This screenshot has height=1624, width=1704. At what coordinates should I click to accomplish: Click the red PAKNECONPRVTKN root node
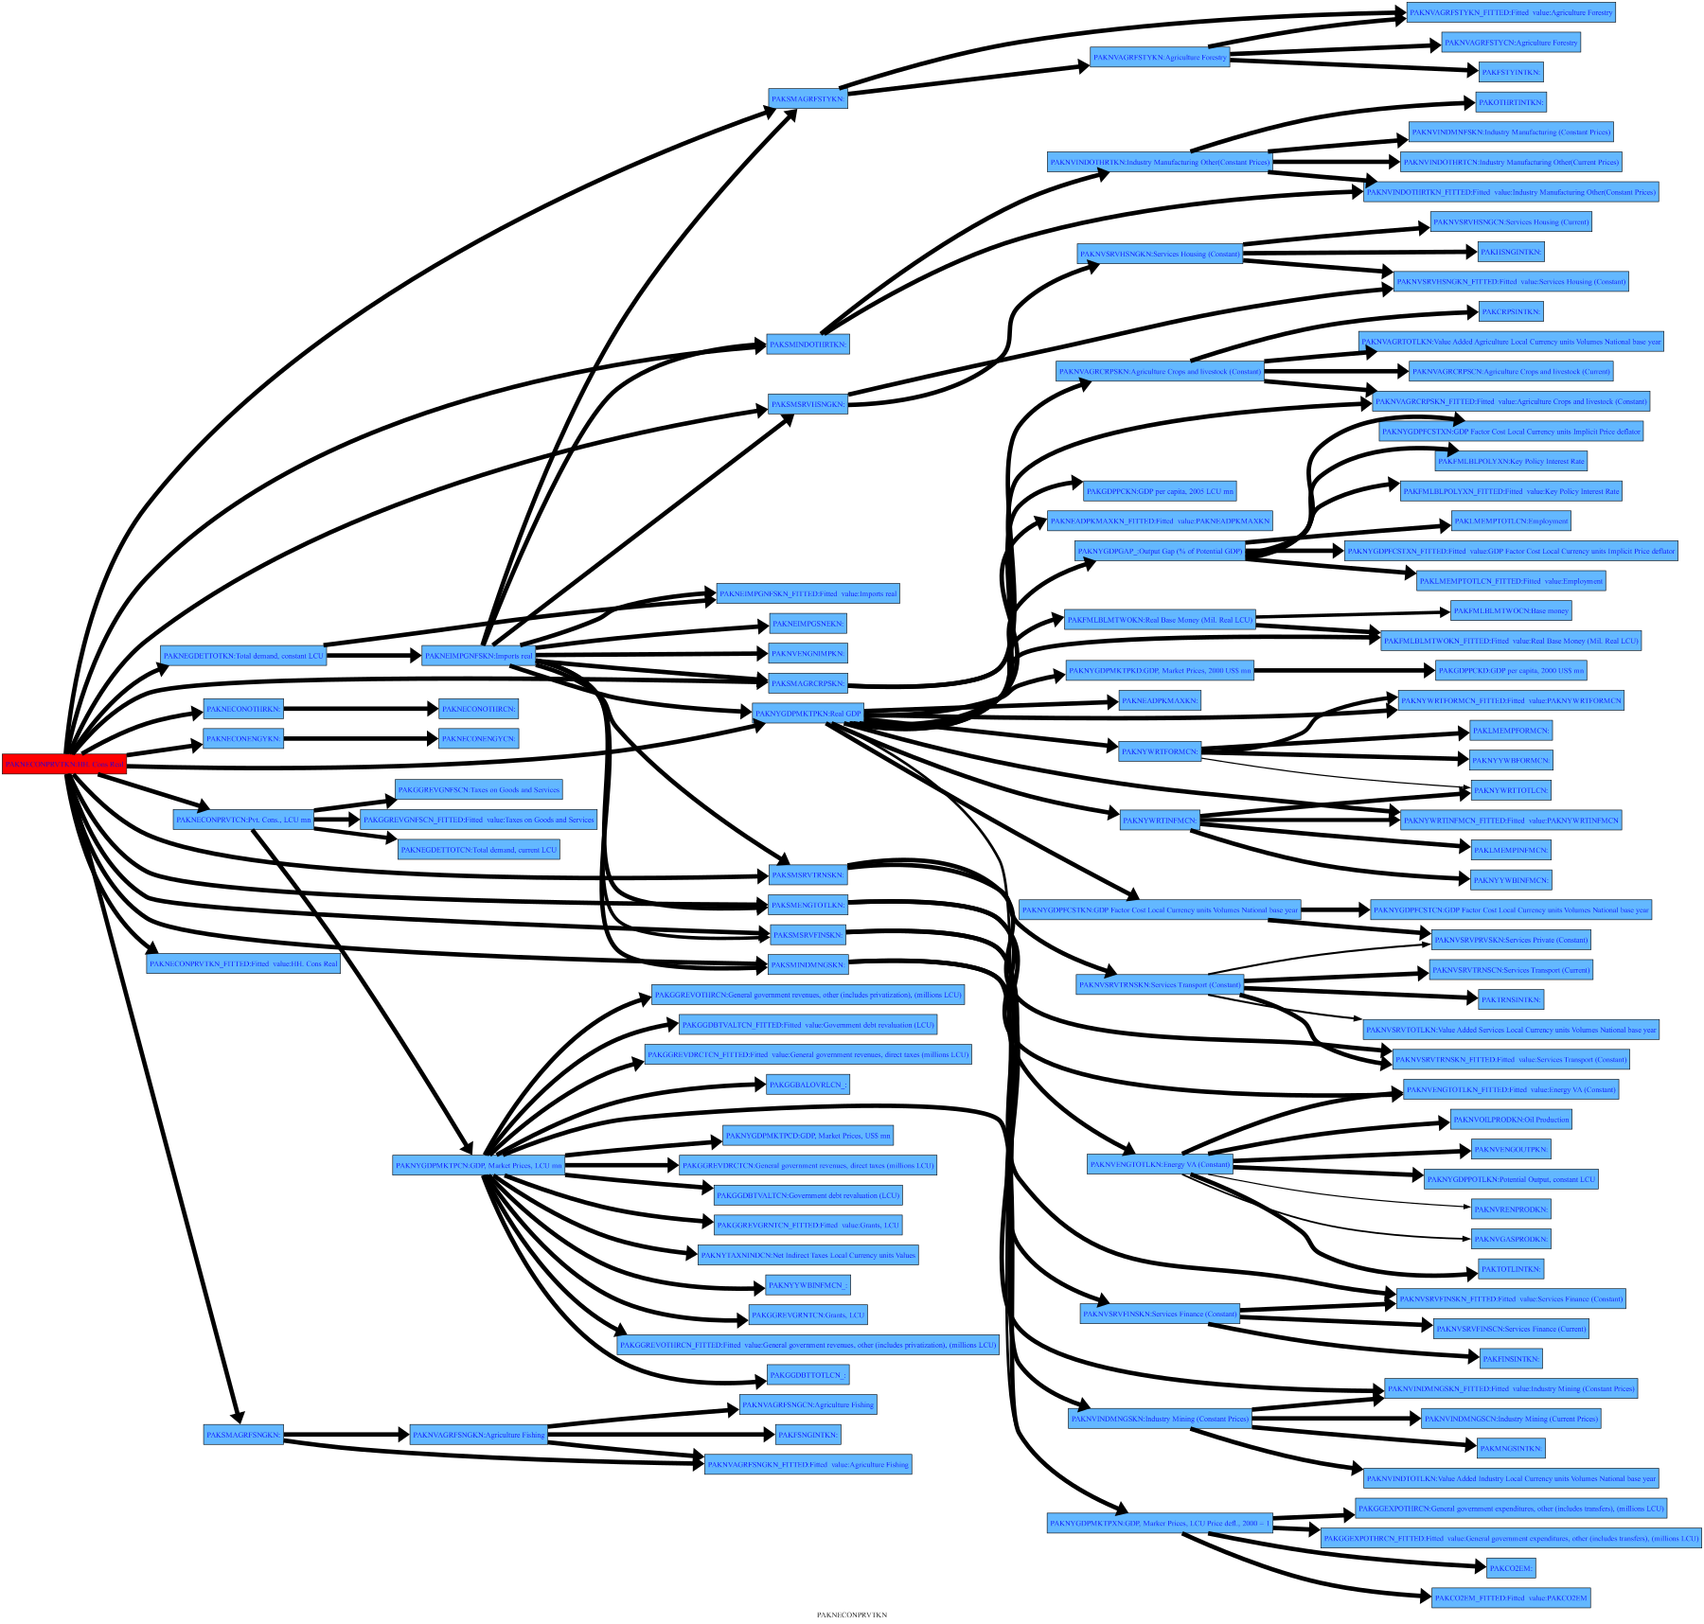(x=63, y=764)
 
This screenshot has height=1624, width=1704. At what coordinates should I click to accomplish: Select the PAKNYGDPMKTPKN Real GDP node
(x=808, y=714)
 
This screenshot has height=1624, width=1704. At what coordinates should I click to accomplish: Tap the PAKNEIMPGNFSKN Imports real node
(x=478, y=656)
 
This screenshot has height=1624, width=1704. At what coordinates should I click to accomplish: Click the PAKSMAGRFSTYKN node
(x=808, y=98)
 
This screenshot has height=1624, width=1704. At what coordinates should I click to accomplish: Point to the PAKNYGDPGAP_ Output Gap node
(x=1160, y=551)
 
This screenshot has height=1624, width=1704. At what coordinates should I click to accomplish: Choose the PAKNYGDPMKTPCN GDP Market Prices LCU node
(x=478, y=1166)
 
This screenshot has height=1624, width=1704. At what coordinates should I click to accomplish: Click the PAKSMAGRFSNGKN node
(x=243, y=1435)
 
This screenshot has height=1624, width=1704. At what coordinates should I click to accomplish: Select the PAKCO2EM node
(x=1510, y=1568)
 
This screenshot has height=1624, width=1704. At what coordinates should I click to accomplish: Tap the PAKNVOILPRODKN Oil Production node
(x=1511, y=1120)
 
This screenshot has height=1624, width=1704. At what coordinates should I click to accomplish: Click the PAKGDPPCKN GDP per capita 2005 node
(x=1160, y=491)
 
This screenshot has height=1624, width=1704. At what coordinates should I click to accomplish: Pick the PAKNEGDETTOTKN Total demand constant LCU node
(x=243, y=656)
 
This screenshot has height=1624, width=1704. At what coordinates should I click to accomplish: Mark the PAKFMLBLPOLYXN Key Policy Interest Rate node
(x=1511, y=461)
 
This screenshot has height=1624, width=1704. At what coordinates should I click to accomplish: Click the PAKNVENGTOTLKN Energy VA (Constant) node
(x=1160, y=1165)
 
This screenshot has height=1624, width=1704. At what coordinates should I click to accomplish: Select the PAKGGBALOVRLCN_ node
(x=808, y=1085)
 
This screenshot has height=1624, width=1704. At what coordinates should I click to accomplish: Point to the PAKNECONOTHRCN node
(x=479, y=709)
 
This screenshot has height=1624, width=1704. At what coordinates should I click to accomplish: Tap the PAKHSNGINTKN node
(x=1511, y=252)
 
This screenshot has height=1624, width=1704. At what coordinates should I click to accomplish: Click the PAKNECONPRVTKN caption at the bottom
(x=852, y=1615)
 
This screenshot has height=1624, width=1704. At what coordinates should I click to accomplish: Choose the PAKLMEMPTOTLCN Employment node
(x=1511, y=521)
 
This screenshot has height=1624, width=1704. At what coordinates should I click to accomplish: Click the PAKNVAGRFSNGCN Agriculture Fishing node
(x=808, y=1404)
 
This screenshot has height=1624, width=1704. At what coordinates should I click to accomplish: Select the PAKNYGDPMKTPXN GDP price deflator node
(x=1160, y=1523)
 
